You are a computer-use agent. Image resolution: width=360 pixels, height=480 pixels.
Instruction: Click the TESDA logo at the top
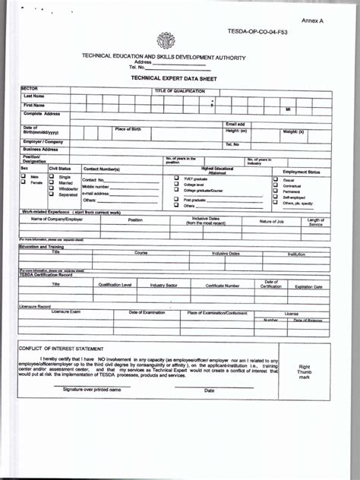click(x=166, y=41)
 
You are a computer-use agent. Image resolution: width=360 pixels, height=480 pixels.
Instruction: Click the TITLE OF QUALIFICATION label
click(x=180, y=90)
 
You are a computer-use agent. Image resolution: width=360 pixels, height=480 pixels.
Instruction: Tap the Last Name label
click(x=33, y=96)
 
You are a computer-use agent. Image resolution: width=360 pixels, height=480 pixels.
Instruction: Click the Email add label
click(x=235, y=124)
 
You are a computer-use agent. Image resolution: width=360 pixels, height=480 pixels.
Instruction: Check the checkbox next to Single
click(x=52, y=176)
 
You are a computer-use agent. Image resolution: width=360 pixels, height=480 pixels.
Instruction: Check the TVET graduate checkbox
click(x=176, y=178)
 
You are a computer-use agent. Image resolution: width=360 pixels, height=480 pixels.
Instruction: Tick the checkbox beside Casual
click(x=276, y=179)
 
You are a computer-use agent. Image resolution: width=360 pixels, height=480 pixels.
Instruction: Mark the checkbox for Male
click(x=24, y=176)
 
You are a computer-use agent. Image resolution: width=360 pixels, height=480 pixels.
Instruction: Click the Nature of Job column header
click(x=271, y=221)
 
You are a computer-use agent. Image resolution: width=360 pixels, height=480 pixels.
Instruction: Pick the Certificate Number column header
click(x=222, y=286)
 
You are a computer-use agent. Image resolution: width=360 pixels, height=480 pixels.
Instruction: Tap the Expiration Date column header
click(x=308, y=286)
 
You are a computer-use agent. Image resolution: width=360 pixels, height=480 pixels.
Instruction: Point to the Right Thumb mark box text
click(x=304, y=371)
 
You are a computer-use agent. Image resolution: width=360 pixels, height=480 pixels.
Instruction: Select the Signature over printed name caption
click(x=92, y=390)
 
